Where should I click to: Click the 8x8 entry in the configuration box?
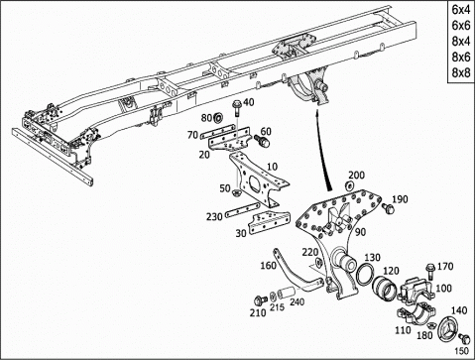pos(461,72)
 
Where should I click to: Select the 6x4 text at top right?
pos(461,10)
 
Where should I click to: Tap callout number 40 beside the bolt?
pos(249,102)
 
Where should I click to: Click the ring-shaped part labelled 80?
pos(218,117)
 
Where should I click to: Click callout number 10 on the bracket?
pos(272,167)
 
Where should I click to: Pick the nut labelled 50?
pos(237,192)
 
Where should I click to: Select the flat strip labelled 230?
pos(243,209)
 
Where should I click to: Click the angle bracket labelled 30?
pos(270,222)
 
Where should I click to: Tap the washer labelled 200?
pos(348,185)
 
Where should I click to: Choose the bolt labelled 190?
pos(388,208)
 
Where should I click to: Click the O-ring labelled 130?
pos(365,274)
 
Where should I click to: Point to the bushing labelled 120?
pos(384,288)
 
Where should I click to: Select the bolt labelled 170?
pos(430,271)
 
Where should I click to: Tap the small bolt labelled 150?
pos(464,339)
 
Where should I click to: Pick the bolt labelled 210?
pos(260,300)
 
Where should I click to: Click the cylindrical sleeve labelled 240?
pos(286,294)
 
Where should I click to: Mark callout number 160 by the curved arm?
pos(268,266)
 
